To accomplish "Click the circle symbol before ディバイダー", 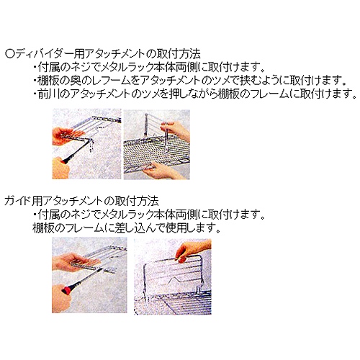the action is (x=9, y=54).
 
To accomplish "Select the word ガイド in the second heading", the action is (x=18, y=201).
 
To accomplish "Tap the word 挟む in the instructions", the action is (x=253, y=81).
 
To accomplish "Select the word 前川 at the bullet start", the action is (x=48, y=94).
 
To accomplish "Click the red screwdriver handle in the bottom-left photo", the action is (x=67, y=290).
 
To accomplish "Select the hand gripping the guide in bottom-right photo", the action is (x=192, y=250).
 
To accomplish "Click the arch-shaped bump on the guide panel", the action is (x=174, y=280).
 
